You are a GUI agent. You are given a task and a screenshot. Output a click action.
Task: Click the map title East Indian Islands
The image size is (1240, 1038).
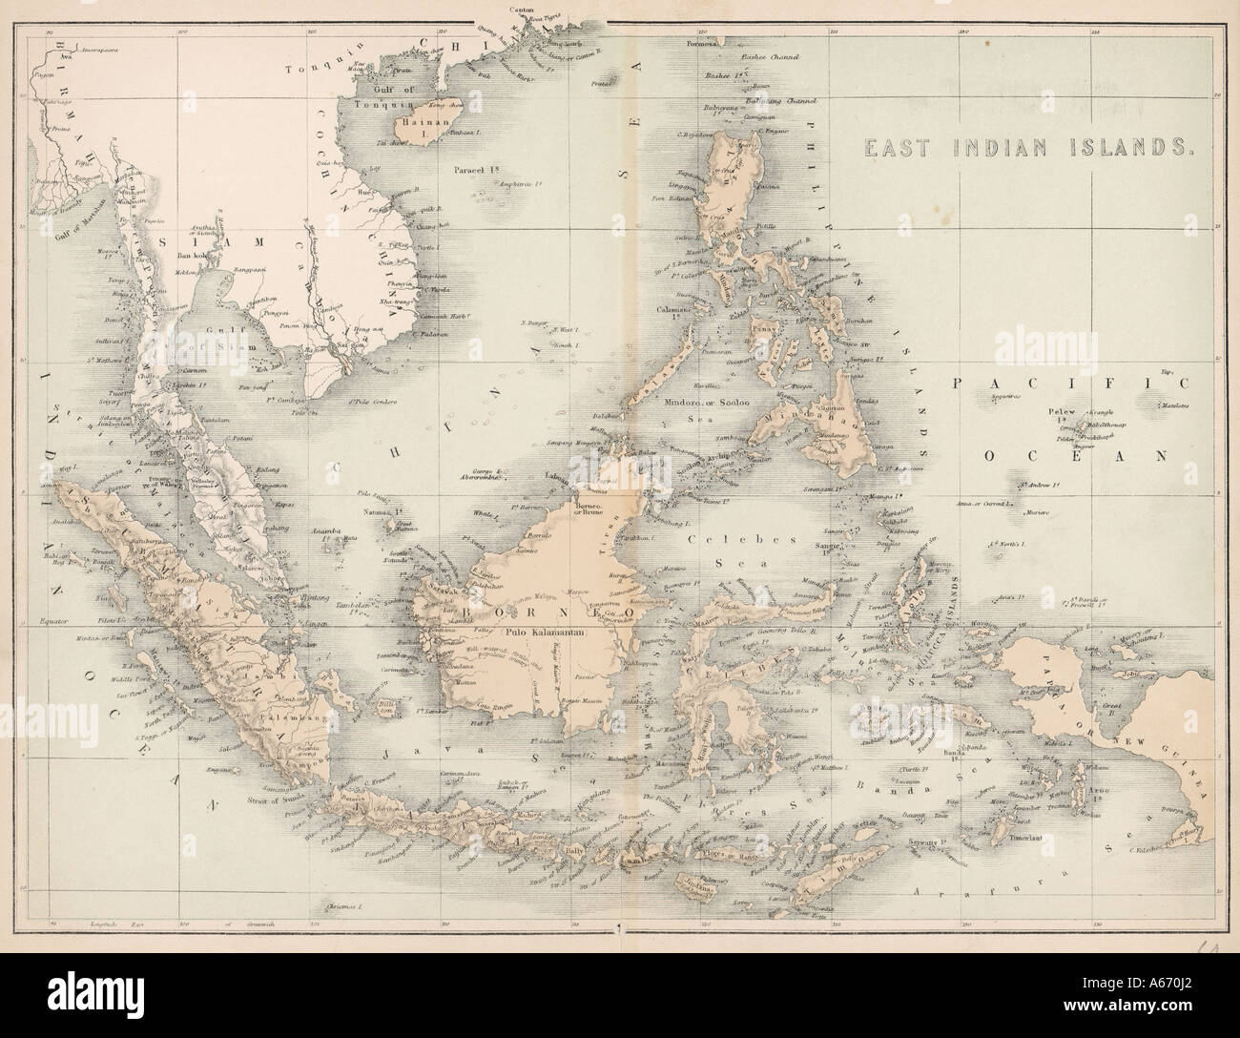[x=1029, y=148]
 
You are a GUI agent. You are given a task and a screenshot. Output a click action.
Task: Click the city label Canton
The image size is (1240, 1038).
[x=522, y=9]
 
